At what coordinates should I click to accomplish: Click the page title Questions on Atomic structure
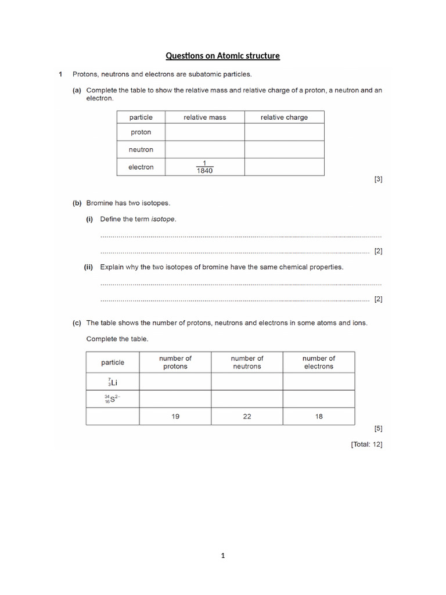pos(222,56)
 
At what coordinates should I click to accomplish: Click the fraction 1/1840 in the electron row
pos(204,167)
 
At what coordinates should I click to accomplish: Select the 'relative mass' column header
pos(204,117)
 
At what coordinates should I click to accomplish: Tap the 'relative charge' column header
pos(284,117)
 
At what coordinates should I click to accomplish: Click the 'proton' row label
pos(141,132)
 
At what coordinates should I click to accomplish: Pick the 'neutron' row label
pos(141,149)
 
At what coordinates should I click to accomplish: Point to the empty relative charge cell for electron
pos(284,167)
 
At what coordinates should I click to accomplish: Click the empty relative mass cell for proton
pos(204,132)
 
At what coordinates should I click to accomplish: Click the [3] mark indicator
pos(378,180)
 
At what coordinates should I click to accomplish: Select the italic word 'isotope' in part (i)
pos(163,219)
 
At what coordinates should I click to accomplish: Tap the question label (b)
pos(77,203)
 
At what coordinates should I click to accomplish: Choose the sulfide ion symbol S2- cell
pos(112,399)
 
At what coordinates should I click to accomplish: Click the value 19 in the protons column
pos(175,417)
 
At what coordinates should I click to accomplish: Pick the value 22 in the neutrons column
pos(247,417)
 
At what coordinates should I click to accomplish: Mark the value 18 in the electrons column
pos(319,417)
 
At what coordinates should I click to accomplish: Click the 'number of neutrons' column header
pos(247,363)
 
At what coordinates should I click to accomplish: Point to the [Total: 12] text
pos(366,445)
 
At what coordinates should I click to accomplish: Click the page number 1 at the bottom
pos(222,555)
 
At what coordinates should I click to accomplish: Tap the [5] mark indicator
pos(378,429)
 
